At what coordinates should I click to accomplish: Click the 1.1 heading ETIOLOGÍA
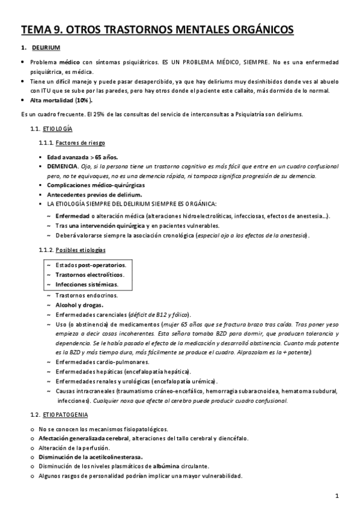pos(58,129)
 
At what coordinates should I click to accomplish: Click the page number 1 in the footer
pos(338,497)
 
